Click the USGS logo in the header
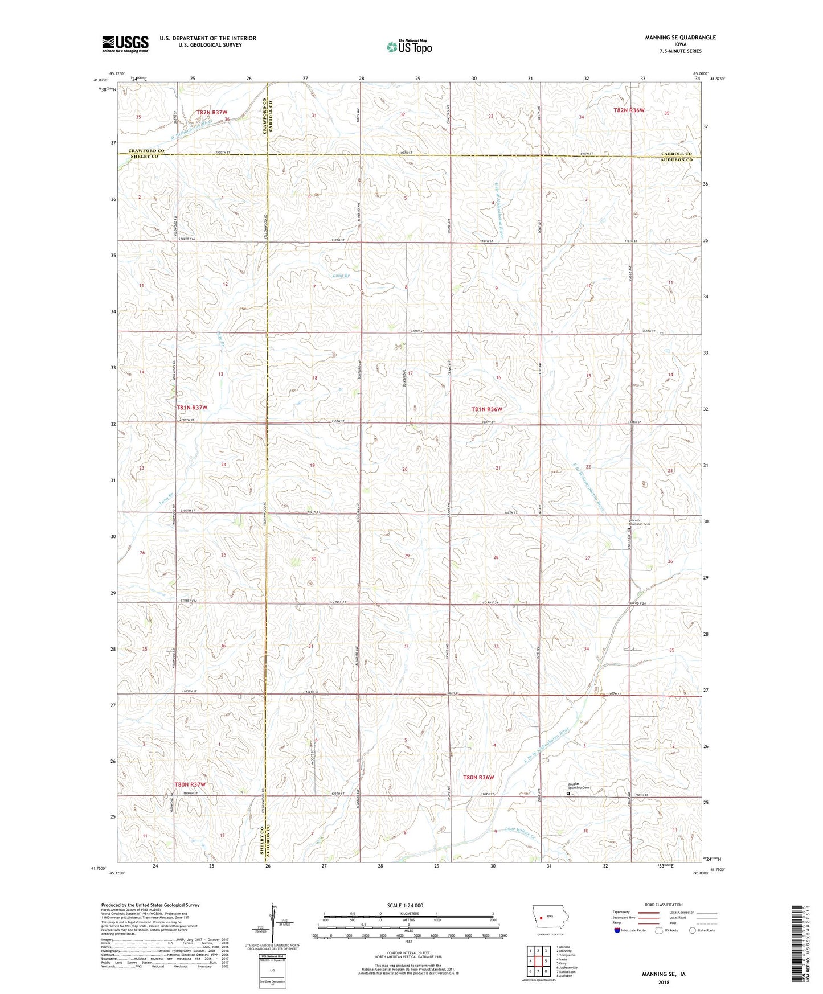pos(125,44)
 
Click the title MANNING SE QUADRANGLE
pos(672,38)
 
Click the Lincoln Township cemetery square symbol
pos(629,530)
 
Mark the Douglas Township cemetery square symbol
pos(568,793)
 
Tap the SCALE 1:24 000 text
pos(408,906)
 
